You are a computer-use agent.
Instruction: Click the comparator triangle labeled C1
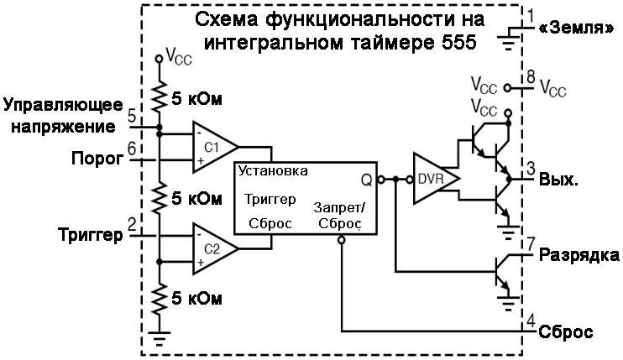coord(212,146)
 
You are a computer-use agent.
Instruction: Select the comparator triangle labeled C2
coord(212,249)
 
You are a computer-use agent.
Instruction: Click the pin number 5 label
coord(132,115)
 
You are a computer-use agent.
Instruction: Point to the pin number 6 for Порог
coord(132,149)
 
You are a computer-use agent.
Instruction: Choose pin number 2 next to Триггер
coord(132,224)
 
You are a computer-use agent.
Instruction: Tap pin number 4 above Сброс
coord(530,320)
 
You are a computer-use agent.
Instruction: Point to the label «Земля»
coord(579,27)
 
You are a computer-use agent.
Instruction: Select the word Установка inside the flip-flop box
coord(272,170)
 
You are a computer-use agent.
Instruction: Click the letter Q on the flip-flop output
coord(366,179)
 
